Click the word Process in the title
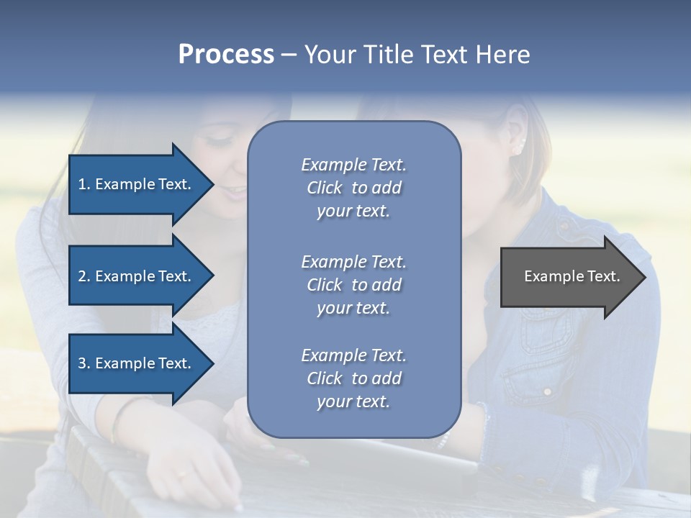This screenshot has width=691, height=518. (226, 55)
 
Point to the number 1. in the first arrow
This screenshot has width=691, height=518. (84, 184)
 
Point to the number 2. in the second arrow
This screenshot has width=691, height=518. (84, 276)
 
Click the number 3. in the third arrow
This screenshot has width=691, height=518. (84, 363)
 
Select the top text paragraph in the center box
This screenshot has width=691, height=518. (353, 188)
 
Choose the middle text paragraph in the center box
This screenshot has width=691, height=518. (353, 285)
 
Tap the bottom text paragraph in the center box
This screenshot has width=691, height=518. (353, 378)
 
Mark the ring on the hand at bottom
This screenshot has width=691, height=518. (185, 473)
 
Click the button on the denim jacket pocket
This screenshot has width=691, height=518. (547, 391)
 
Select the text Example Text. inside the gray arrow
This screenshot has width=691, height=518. (572, 276)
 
